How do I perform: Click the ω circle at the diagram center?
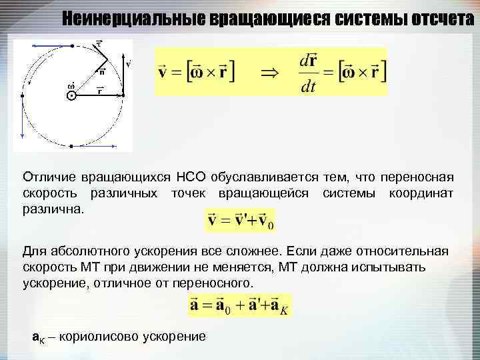71,96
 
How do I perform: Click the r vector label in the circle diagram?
99,90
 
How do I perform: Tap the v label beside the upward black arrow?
128,65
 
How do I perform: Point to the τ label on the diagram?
98,44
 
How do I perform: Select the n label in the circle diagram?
103,71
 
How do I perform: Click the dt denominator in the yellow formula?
307,87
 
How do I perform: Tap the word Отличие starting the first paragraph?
49,178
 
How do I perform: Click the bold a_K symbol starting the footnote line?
39,336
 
